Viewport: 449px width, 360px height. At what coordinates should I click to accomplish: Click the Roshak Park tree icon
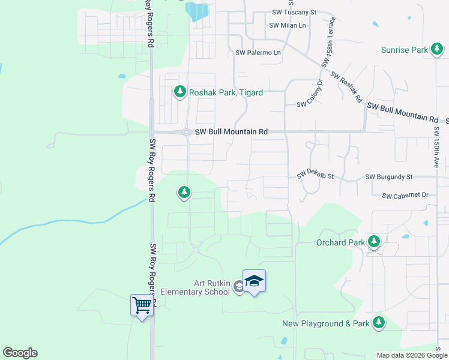point(179,92)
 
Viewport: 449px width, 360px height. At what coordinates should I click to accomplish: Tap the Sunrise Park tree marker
point(437,50)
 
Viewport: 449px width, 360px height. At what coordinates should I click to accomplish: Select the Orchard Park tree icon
point(374,242)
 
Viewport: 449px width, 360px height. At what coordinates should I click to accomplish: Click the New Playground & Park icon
point(378,323)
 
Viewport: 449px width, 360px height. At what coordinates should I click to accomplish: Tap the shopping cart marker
point(142,305)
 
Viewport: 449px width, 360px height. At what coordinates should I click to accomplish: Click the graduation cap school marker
point(254,281)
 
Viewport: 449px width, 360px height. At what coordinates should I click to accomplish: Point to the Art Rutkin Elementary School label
point(211,287)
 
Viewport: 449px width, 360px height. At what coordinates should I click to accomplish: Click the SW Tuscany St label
point(292,12)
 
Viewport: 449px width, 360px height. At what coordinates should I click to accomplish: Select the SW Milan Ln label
point(288,25)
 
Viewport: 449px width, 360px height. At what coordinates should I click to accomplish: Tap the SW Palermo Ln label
point(258,53)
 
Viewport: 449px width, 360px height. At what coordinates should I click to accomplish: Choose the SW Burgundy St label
point(389,177)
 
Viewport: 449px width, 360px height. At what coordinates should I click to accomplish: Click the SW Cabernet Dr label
point(405,195)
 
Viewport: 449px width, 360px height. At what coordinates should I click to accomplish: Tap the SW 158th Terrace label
point(328,42)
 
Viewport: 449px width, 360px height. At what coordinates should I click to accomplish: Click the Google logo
point(20,353)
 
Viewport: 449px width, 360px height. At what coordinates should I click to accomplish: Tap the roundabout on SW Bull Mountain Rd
point(187,132)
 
